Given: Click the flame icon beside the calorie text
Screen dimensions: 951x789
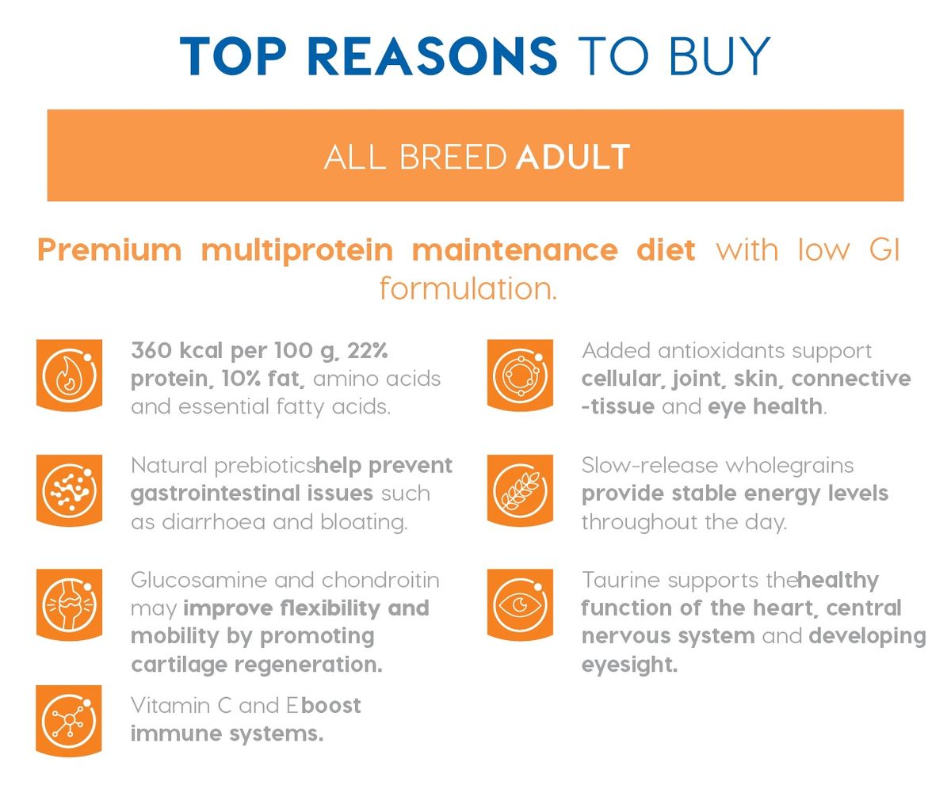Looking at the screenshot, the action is click(69, 375).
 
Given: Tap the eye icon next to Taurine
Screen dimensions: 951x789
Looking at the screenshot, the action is click(520, 604).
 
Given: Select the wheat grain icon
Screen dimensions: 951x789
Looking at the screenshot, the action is click(520, 490).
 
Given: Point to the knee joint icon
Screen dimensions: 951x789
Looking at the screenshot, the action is click(69, 604).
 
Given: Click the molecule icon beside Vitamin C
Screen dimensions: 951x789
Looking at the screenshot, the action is click(69, 721).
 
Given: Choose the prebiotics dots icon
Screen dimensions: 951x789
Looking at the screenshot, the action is click(69, 490).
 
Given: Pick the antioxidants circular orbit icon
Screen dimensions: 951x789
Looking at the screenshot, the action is click(520, 375).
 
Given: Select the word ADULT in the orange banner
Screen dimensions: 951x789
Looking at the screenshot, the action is click(573, 157).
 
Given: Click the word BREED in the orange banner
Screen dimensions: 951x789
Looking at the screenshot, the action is click(453, 157).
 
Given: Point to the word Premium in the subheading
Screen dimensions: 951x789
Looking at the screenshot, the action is click(109, 251).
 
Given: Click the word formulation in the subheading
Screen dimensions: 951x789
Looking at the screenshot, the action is click(468, 288).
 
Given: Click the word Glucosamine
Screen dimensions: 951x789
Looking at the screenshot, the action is click(199, 580).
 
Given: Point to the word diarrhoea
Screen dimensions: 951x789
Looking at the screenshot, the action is click(213, 522).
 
